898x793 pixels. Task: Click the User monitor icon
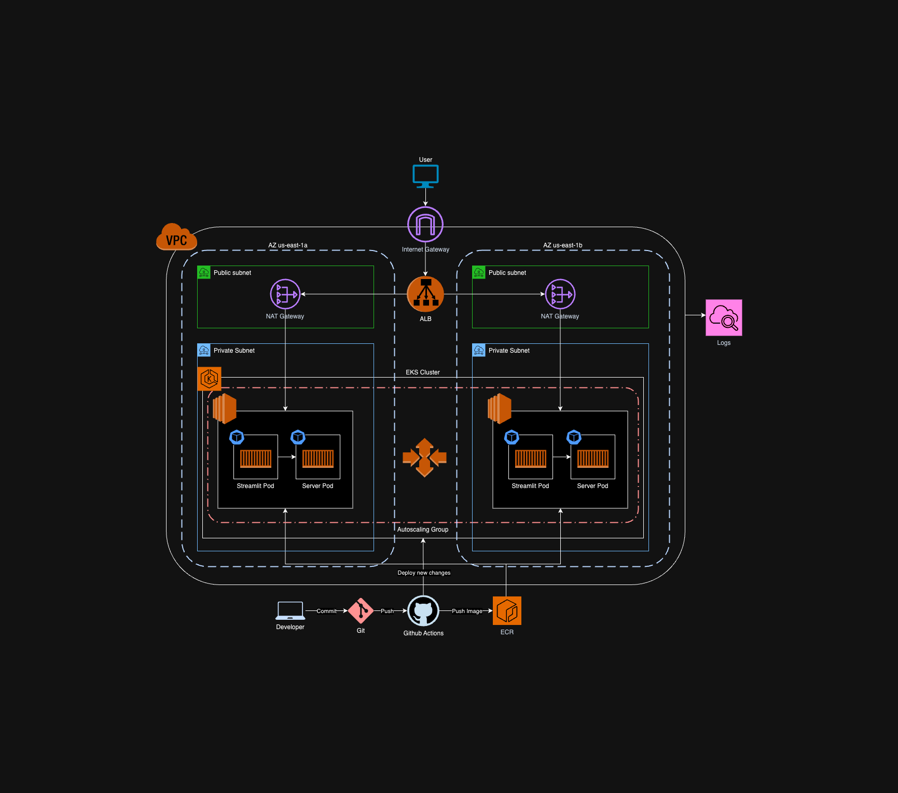(425, 176)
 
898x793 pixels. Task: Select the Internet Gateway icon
(425, 224)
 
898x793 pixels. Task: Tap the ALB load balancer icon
(425, 294)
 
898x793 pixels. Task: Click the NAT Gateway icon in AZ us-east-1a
(285, 294)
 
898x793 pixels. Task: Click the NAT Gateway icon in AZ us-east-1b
(560, 294)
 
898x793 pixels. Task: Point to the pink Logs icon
(724, 317)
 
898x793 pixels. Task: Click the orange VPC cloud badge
(176, 237)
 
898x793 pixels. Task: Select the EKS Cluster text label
(422, 372)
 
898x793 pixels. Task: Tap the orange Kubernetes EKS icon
(210, 379)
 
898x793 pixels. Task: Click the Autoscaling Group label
(422, 530)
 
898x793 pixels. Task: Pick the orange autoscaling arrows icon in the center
(424, 457)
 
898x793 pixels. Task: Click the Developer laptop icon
(290, 611)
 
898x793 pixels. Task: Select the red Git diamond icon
(361, 611)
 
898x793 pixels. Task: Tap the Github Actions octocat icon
(423, 611)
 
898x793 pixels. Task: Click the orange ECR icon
(507, 611)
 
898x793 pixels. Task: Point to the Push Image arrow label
(467, 611)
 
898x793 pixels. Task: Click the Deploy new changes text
(424, 573)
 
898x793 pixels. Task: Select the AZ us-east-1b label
(562, 245)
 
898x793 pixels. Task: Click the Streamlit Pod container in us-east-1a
(256, 458)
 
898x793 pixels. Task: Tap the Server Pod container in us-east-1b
(593, 458)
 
